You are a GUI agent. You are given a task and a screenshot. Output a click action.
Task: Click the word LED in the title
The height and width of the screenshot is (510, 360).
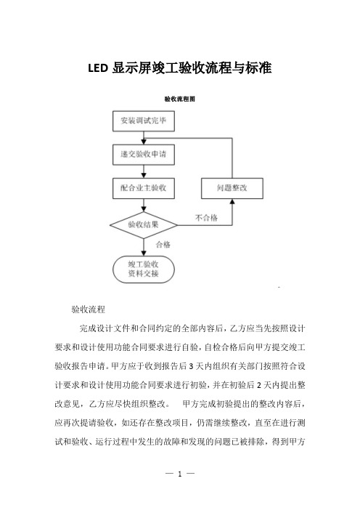tap(98, 68)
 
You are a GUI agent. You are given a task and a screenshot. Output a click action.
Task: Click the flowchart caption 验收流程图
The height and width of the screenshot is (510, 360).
tap(180, 99)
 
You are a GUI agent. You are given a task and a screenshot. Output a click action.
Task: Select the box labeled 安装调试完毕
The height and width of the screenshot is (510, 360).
tap(144, 121)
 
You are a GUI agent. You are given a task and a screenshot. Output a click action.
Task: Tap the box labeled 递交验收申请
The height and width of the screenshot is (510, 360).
tap(144, 155)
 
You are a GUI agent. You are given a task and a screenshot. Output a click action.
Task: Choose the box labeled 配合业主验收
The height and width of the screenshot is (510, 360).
tap(144, 188)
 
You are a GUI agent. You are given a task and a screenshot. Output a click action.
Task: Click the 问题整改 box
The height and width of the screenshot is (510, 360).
tap(232, 188)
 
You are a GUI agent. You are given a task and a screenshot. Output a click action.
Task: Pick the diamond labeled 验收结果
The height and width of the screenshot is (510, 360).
tap(144, 224)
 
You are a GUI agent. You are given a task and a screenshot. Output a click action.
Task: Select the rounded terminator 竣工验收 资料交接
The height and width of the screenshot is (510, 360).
tap(144, 270)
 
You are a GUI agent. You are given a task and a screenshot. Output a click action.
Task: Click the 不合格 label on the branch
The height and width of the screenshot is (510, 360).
tap(206, 218)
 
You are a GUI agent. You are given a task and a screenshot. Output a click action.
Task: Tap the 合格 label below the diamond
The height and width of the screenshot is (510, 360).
tap(163, 245)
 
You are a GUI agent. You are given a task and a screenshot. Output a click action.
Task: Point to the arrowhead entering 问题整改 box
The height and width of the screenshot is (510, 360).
tap(232, 201)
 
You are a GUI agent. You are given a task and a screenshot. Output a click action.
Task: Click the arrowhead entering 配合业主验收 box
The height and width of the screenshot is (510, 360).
tap(144, 175)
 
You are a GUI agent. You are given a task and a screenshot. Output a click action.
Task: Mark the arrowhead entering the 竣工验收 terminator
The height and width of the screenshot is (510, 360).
tap(144, 254)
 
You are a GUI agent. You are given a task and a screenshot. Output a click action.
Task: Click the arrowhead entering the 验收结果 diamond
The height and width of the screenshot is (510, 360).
tap(144, 209)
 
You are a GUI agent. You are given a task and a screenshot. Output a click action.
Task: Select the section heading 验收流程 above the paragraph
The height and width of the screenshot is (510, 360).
tap(89, 309)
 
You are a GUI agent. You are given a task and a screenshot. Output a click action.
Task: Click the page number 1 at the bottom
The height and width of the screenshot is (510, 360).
tap(180, 474)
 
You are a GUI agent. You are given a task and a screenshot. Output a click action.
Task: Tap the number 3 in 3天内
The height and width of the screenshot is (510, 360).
tap(191, 366)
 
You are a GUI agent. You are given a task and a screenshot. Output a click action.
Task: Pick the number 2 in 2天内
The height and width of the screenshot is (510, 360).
tap(258, 385)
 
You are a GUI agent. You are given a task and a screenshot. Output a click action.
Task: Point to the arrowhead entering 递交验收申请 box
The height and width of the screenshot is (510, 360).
tap(144, 142)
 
